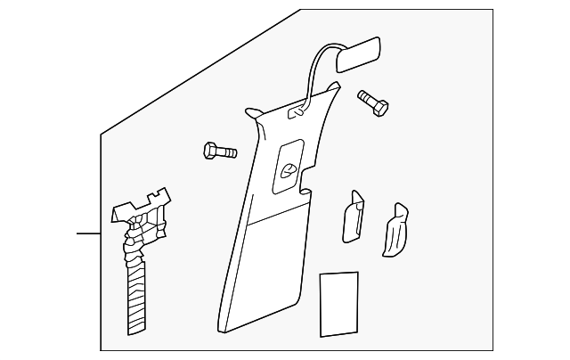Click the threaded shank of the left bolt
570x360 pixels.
227,151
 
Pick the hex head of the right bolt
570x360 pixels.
380,110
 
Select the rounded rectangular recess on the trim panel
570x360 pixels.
288,166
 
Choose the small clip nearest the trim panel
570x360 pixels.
352,217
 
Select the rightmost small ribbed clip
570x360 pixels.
395,231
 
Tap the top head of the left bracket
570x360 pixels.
142,203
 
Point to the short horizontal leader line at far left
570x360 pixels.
88,233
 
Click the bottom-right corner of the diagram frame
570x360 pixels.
493,350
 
